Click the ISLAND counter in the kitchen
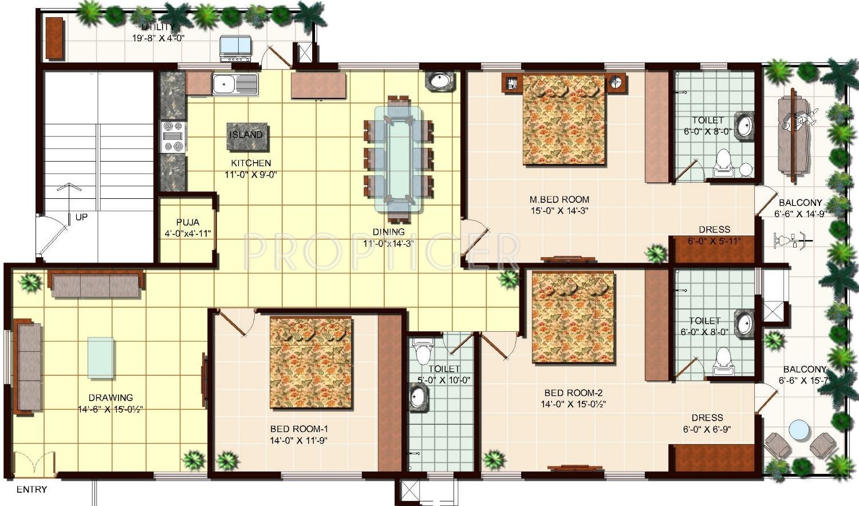click(x=247, y=137)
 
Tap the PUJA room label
click(x=187, y=222)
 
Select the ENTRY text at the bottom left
click(x=32, y=489)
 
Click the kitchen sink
click(x=235, y=84)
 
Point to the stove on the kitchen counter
click(x=174, y=136)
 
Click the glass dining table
click(x=399, y=159)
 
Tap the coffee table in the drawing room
click(x=100, y=358)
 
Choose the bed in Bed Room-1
click(x=311, y=363)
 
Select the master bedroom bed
click(x=565, y=120)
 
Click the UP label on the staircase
click(x=81, y=217)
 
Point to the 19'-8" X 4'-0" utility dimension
click(x=159, y=38)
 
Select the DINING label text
click(x=388, y=232)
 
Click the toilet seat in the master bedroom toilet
click(x=724, y=163)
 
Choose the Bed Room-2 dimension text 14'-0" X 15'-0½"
click(x=573, y=405)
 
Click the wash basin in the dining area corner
click(x=439, y=80)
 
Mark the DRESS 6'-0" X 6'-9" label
click(x=707, y=423)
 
